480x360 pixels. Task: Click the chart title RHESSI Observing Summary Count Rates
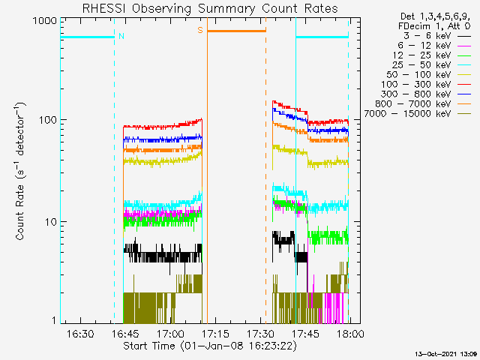pos(210,8)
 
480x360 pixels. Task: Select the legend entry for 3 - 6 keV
pos(437,36)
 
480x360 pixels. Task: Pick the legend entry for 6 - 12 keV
pos(434,46)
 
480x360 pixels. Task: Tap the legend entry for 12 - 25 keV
pos(432,55)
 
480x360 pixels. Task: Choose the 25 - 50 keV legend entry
pos(432,65)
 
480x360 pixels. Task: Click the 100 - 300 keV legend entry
pos(426,85)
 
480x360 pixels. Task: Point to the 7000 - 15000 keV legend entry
pos(418,114)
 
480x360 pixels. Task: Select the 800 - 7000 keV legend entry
pos(423,104)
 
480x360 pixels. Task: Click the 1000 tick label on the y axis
pos(45,21)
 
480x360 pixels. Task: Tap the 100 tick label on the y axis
pos(48,120)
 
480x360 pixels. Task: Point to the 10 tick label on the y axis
pos(51,222)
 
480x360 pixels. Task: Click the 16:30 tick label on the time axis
pos(80,333)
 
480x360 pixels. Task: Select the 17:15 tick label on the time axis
pos(215,333)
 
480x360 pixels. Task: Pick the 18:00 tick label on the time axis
pos(350,333)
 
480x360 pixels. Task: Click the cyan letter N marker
pos(121,37)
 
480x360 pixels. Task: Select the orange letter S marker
pos(200,30)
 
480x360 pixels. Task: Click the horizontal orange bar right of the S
pos(237,31)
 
